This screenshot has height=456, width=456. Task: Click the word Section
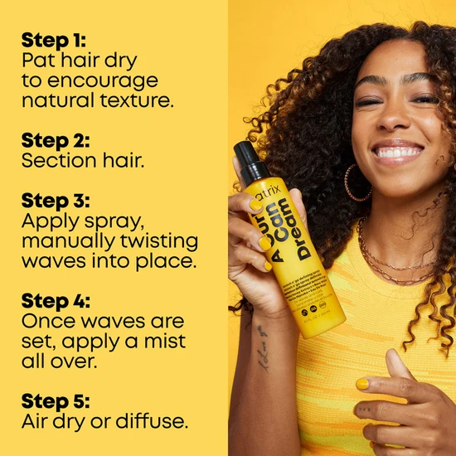(58, 160)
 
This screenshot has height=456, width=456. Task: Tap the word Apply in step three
(47, 221)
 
